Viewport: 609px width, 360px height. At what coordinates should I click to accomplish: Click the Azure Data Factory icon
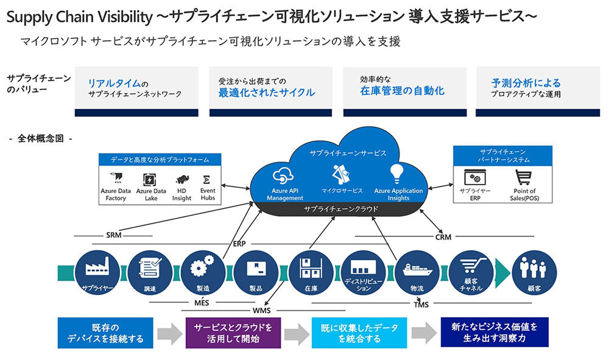click(x=116, y=178)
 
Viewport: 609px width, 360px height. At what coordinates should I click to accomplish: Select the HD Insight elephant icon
click(x=181, y=179)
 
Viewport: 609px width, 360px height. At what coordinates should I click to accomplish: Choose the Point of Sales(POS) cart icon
click(x=521, y=178)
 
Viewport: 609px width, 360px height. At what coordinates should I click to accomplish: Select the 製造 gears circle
click(x=203, y=271)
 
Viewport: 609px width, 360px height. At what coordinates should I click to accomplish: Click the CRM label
click(x=443, y=237)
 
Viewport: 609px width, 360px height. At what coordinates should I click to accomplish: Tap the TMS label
click(x=421, y=303)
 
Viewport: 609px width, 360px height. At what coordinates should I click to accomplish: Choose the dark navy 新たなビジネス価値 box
click(x=495, y=332)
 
